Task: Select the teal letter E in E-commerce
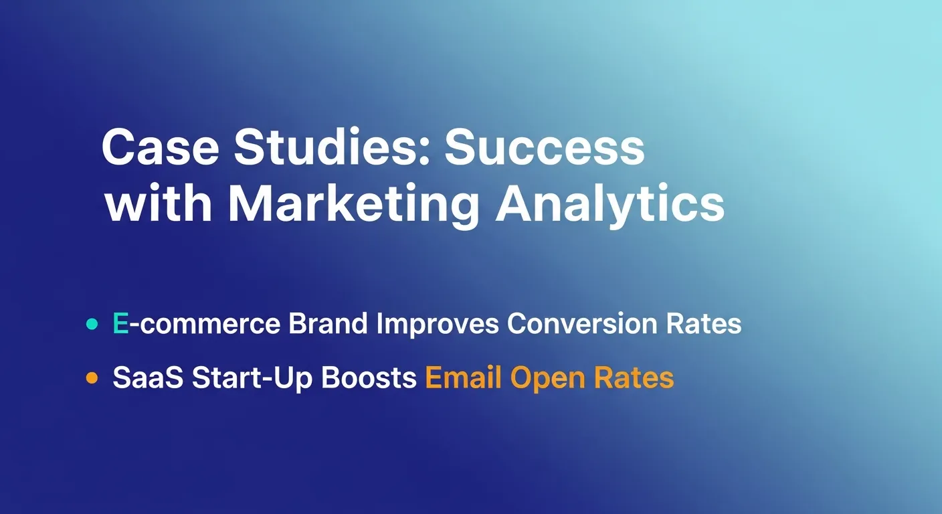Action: [x=120, y=324]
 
